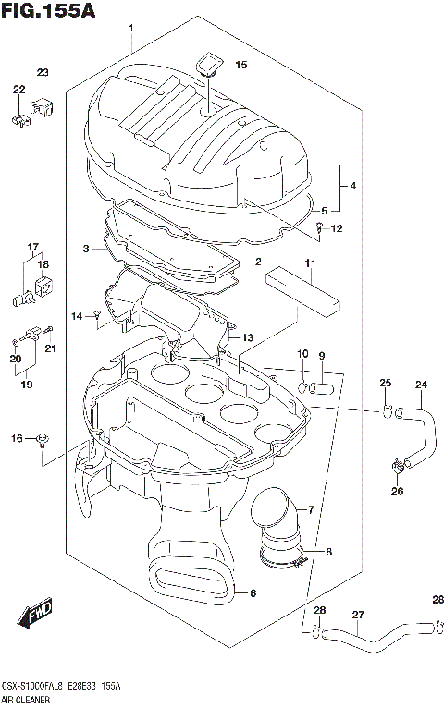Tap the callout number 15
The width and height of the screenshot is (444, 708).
coord(240,66)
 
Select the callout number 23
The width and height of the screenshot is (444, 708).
coord(43,72)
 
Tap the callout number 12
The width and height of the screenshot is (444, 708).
coord(337,228)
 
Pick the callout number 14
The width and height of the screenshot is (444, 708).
coord(77,316)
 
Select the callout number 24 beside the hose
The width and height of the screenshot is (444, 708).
coord(421,385)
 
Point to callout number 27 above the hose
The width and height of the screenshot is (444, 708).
coord(358,615)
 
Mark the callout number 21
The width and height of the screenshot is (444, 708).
coord(51,348)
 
